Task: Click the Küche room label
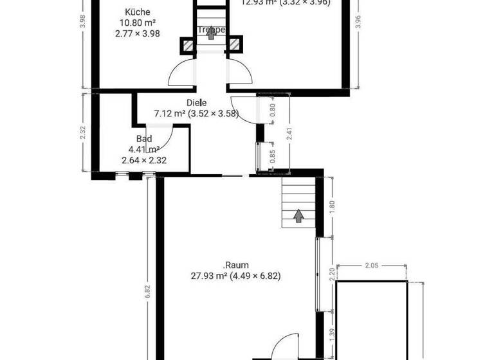[x=137, y=12]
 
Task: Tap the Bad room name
[x=144, y=138]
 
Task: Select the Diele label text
[x=196, y=103]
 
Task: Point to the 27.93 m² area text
[x=235, y=276]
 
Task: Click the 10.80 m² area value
[x=137, y=22]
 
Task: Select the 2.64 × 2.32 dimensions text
[x=144, y=161]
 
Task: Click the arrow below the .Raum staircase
[x=298, y=215]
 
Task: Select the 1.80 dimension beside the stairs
[x=333, y=207]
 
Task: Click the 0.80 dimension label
[x=272, y=109]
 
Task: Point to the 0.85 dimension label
[x=272, y=156]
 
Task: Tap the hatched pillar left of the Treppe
[x=187, y=46]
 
